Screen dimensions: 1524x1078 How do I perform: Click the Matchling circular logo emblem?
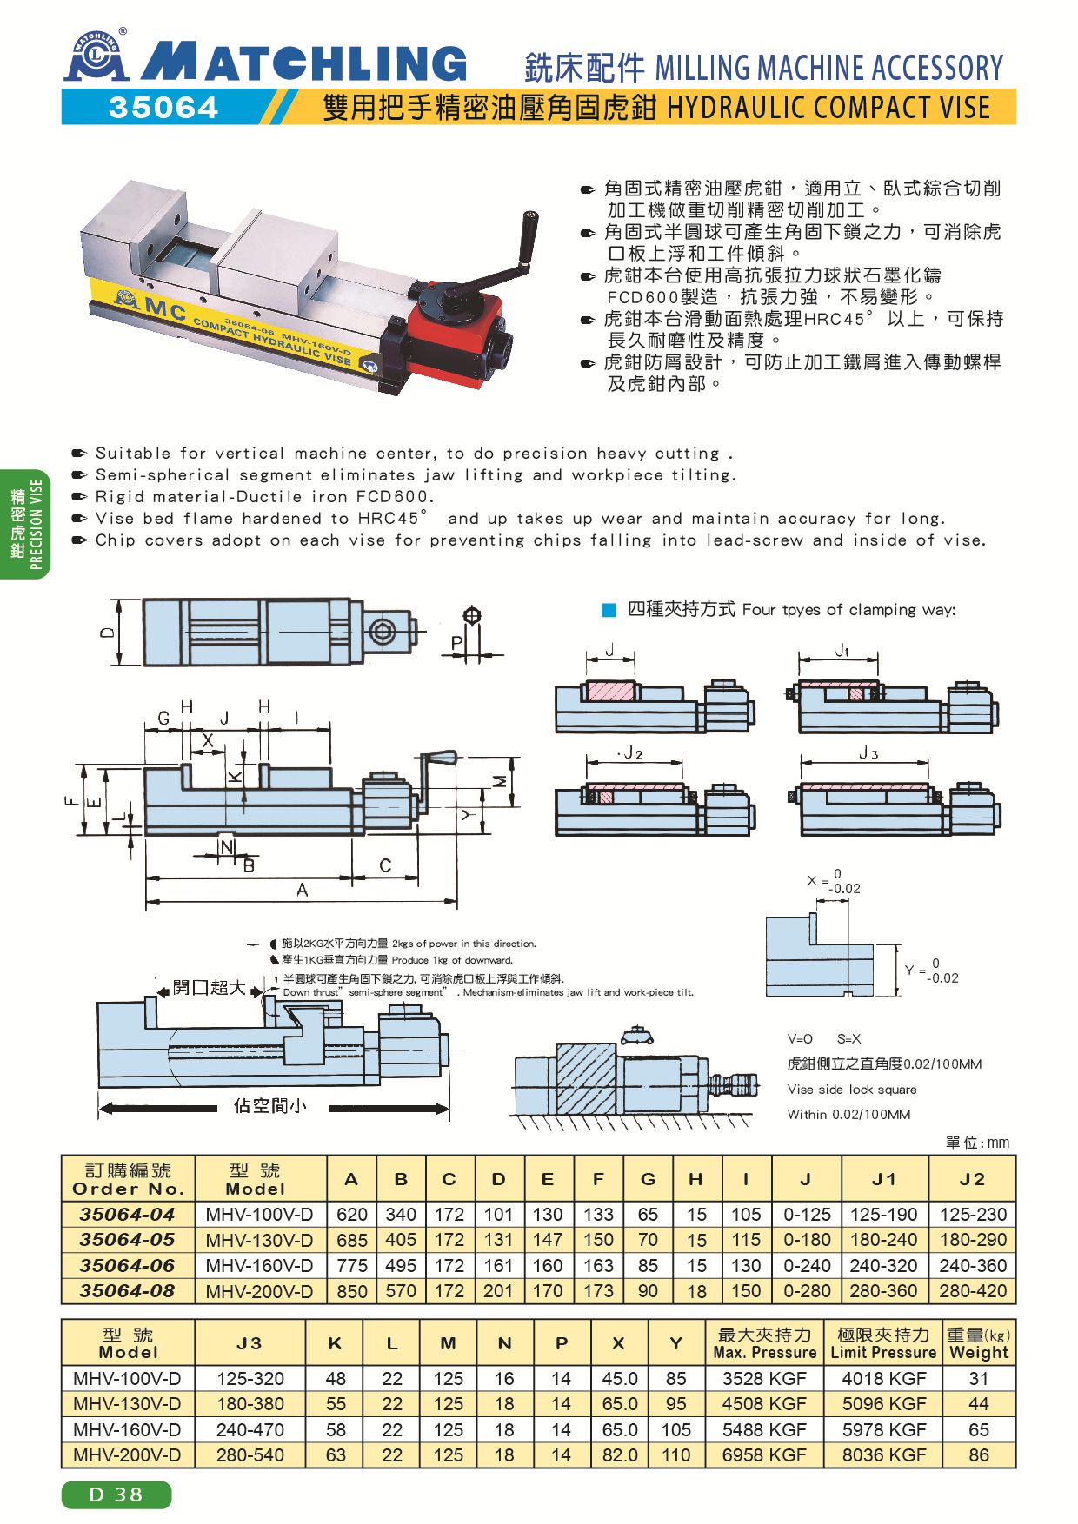click(x=96, y=56)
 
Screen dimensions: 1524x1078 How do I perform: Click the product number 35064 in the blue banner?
click(x=163, y=108)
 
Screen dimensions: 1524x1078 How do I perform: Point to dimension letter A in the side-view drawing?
click(x=302, y=890)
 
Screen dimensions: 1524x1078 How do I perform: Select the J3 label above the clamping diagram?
click(x=868, y=753)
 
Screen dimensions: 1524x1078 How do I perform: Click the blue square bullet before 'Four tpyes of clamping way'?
click(x=609, y=610)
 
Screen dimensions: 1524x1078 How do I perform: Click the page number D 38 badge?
click(x=116, y=1494)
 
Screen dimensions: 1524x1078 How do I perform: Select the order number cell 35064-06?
click(x=127, y=1265)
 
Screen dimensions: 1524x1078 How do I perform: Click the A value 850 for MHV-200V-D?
click(x=352, y=1291)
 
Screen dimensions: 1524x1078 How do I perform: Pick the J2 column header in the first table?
click(x=972, y=1179)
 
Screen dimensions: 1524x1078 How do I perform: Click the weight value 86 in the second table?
click(x=979, y=1454)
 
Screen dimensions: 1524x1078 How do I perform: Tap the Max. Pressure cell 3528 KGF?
click(x=764, y=1379)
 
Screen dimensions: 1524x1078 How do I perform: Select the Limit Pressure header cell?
click(x=883, y=1343)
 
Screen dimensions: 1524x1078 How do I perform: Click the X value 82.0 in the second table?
click(x=620, y=1454)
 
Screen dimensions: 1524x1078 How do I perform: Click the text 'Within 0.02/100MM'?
click(x=848, y=1114)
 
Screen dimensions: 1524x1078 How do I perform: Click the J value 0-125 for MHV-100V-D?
click(x=807, y=1215)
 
